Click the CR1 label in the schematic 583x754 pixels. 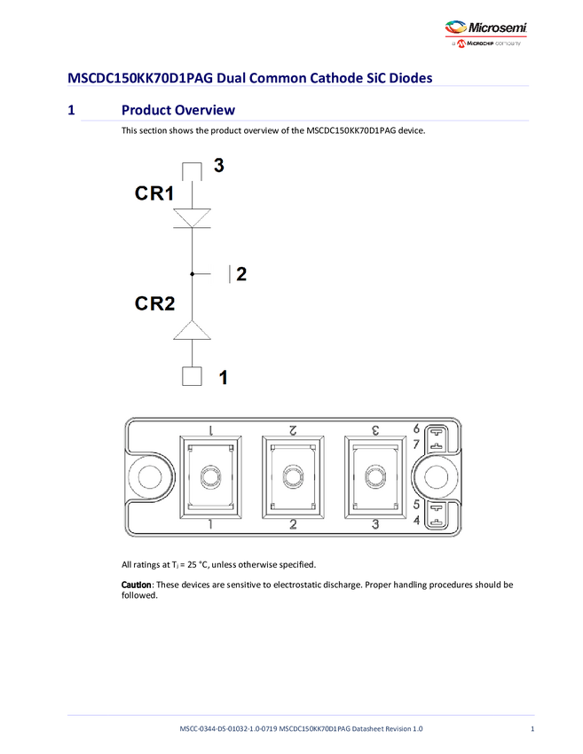click(154, 193)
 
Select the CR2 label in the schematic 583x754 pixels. click(154, 303)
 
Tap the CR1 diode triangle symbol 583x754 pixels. click(192, 217)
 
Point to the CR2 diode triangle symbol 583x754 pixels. click(192, 331)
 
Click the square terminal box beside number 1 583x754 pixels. click(192, 376)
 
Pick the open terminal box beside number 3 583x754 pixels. click(193, 170)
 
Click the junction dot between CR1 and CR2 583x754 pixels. click(192, 274)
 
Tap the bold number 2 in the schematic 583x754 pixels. click(241, 274)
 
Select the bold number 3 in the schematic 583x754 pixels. click(218, 165)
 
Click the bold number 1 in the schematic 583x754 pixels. click(223, 377)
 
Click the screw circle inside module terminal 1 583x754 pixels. click(209, 477)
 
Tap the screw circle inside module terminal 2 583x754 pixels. click(292, 477)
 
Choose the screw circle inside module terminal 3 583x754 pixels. click(374, 477)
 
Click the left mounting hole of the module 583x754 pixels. click(147, 477)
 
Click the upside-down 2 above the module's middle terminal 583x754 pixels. click(292, 430)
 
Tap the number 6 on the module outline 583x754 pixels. click(416, 428)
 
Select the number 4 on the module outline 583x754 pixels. click(416, 520)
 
